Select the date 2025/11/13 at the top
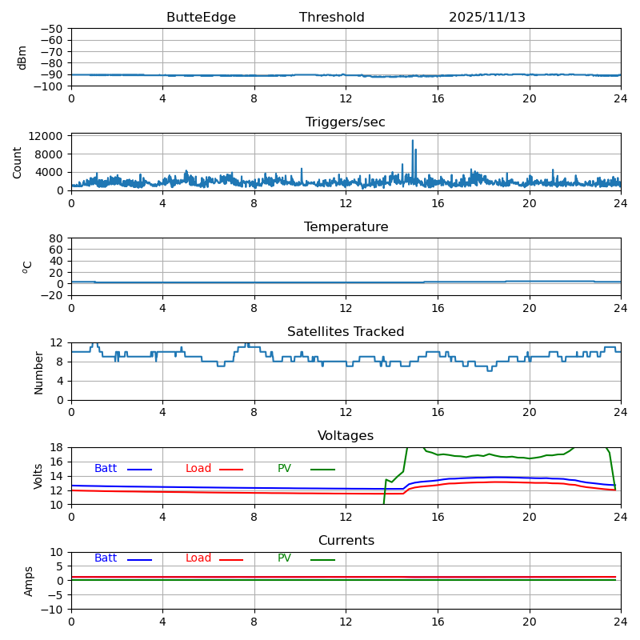[486, 18]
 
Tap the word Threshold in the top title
[331, 18]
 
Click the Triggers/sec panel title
[346, 122]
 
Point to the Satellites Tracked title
[346, 332]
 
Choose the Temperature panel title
[346, 227]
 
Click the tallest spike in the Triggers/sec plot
[413, 142]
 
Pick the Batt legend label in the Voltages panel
[106, 469]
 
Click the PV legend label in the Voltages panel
[284, 469]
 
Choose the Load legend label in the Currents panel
[198, 558]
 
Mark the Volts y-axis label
[39, 476]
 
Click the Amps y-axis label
[30, 581]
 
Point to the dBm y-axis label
[22, 57]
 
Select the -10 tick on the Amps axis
[52, 610]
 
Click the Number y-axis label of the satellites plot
[39, 372]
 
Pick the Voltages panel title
[346, 436]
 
